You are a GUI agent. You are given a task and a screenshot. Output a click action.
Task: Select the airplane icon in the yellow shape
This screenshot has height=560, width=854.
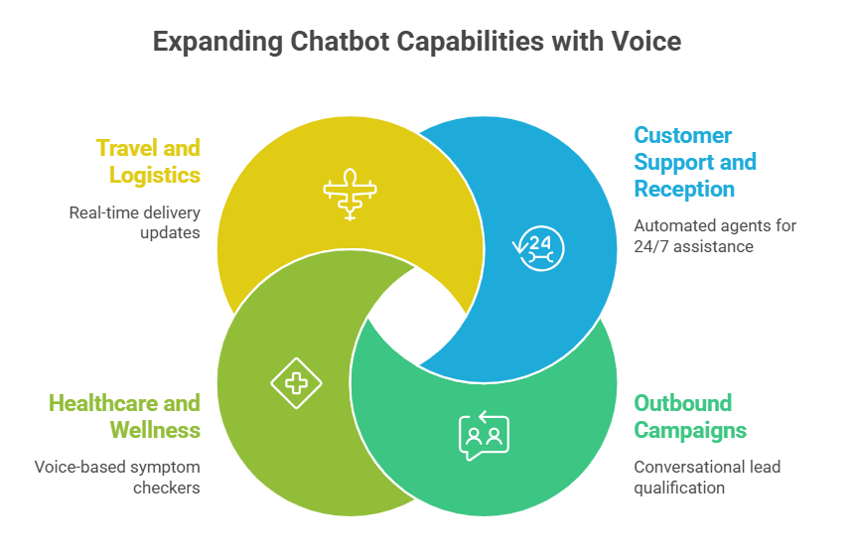point(350,195)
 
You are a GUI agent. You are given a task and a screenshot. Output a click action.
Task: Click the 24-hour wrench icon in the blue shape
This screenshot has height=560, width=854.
point(538,248)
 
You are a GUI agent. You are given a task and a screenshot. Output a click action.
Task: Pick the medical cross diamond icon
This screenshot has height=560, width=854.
point(296,383)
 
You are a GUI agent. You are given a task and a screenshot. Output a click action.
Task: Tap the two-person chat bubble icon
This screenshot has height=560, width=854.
point(485,436)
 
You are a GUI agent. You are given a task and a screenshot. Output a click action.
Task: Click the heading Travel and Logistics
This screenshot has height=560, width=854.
point(148,162)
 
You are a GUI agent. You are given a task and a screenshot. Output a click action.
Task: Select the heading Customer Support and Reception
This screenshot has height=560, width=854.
point(695,162)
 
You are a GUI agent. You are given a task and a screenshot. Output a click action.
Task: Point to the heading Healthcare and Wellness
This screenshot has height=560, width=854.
point(125,417)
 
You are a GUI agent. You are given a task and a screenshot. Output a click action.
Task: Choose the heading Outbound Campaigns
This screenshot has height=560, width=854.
point(690,417)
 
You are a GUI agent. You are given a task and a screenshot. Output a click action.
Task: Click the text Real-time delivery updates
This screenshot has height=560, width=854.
point(134,222)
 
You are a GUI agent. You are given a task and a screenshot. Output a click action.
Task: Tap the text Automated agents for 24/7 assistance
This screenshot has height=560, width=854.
point(715,236)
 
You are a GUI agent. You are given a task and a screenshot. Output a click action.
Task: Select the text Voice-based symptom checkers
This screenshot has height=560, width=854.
point(117,478)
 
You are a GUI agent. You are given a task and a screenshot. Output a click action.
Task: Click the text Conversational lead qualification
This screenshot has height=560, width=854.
point(707,478)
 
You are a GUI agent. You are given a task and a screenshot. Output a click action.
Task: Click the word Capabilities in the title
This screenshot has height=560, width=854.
point(470,42)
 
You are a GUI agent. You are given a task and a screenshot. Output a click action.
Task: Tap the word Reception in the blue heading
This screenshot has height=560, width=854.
point(684,189)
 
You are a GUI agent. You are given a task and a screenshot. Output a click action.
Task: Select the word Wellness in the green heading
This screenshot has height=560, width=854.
point(155,430)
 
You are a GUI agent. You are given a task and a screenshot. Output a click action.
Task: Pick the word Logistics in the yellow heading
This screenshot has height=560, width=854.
point(155,176)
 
